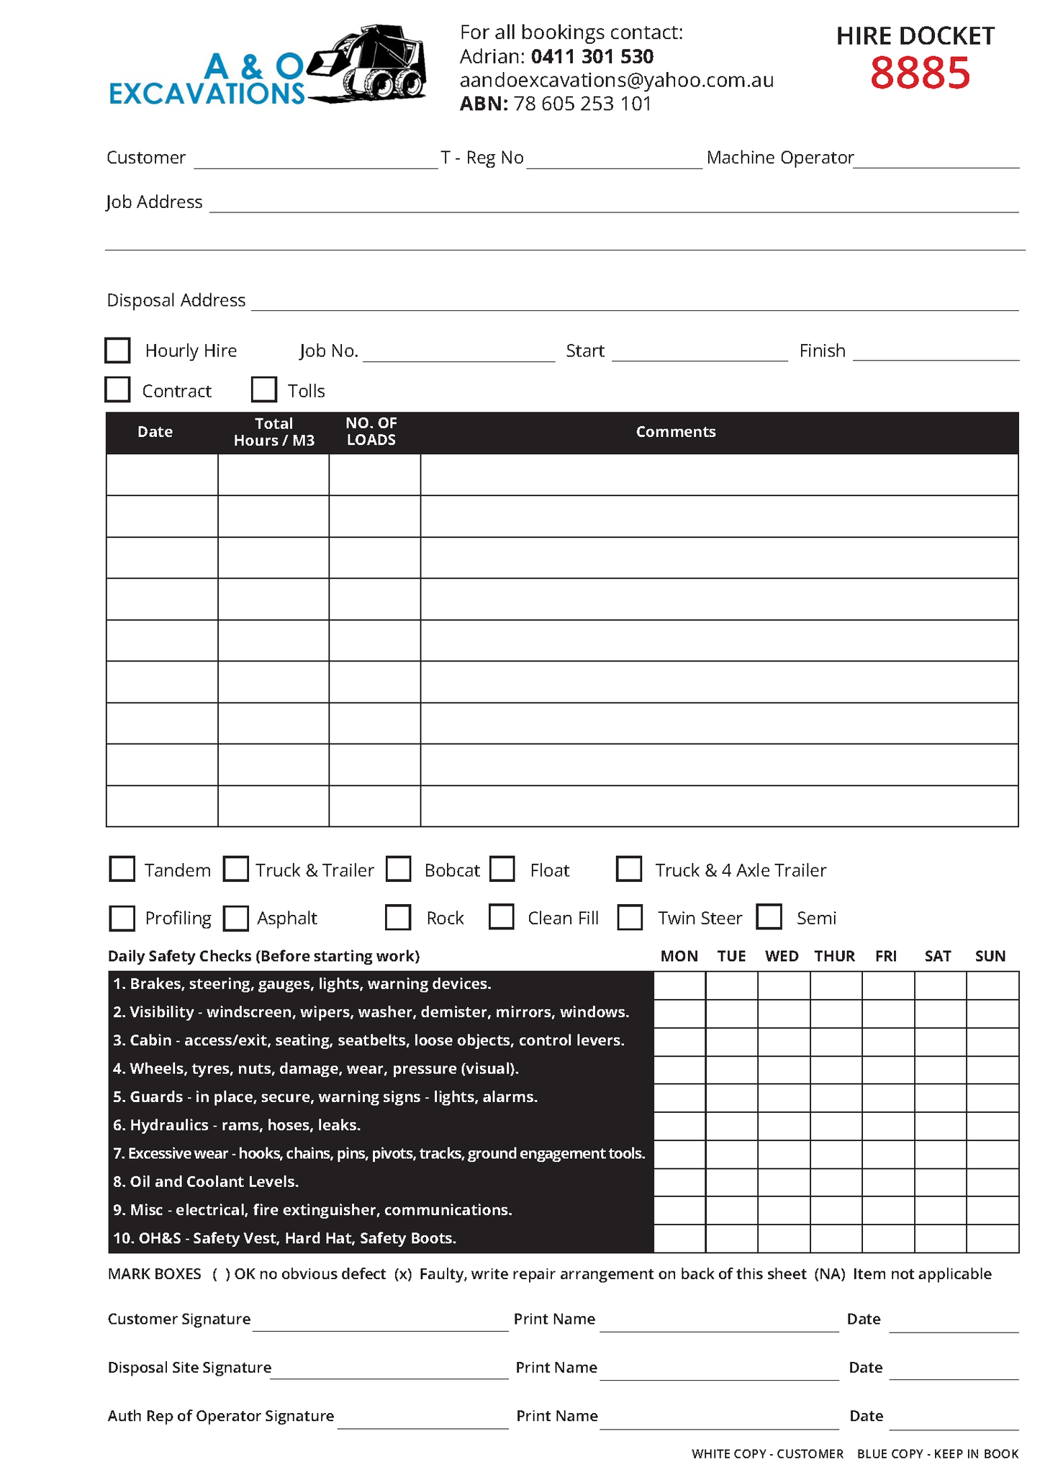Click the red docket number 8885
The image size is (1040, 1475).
919,73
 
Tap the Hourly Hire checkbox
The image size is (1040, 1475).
117,351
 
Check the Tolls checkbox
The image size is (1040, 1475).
264,389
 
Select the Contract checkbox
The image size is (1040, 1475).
117,389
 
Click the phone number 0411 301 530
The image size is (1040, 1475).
592,56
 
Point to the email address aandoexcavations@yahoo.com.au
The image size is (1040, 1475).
616,80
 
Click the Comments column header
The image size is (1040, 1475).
675,432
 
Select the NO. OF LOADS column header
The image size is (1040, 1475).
371,432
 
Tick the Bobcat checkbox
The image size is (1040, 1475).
398,869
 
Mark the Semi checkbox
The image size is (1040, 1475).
769,916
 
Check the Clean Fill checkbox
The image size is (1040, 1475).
502,916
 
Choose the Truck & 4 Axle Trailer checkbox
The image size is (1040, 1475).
629,869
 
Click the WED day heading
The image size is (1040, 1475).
782,956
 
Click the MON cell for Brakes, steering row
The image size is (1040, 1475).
679,985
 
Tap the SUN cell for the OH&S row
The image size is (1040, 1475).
992,1239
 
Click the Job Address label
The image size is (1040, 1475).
154,202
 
